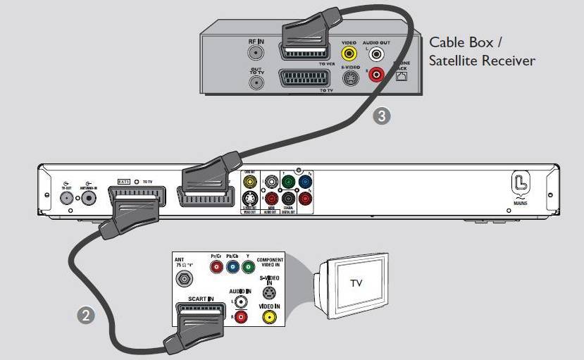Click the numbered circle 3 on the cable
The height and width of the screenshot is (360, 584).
pos(381,116)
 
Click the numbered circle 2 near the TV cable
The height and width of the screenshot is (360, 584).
pos(85,316)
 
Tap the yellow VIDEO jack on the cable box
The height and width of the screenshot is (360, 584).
pos(348,53)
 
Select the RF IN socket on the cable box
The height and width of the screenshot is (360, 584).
pos(256,55)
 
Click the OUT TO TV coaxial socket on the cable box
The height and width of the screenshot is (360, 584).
pos(256,82)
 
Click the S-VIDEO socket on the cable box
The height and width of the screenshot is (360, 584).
pos(349,77)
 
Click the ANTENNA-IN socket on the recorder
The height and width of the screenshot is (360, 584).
pos(89,198)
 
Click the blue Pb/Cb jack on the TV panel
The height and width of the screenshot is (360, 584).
pos(232,267)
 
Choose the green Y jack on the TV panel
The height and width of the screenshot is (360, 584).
pos(247,267)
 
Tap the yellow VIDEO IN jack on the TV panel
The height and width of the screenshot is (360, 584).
pos(268,316)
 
